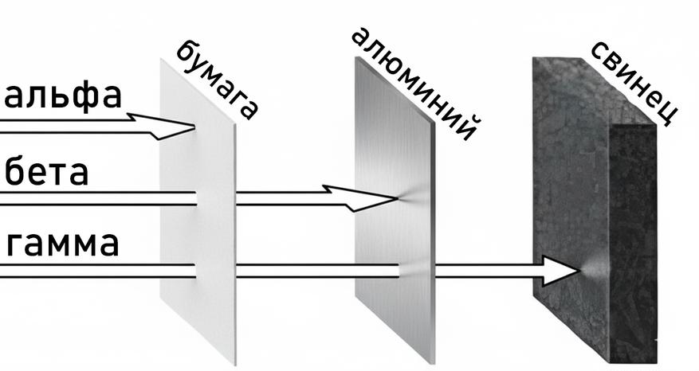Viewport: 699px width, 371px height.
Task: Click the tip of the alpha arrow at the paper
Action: pos(194,127)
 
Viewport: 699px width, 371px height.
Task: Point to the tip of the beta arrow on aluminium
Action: pos(397,199)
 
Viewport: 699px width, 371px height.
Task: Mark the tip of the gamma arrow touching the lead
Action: pos(579,271)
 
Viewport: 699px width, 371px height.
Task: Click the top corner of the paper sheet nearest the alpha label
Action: pos(161,59)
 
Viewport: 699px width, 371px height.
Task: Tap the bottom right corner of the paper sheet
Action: pos(234,365)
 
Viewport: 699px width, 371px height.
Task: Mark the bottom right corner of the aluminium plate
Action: pos(434,363)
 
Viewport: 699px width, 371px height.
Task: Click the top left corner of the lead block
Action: pos(533,58)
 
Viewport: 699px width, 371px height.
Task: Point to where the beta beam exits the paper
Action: pos(236,199)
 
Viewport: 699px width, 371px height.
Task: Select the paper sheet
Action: pos(198,212)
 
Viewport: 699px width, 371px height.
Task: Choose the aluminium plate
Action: pos(395,209)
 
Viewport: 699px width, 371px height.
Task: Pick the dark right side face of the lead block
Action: pos(633,243)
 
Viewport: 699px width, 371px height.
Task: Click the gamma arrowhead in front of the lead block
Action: pos(561,271)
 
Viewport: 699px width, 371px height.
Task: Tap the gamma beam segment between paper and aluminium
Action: pos(317,271)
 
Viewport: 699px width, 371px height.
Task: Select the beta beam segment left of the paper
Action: pos(98,199)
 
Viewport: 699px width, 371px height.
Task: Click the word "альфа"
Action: pos(63,96)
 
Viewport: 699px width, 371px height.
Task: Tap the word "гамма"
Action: pos(63,244)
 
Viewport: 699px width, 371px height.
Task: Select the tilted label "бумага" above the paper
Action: pos(217,80)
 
